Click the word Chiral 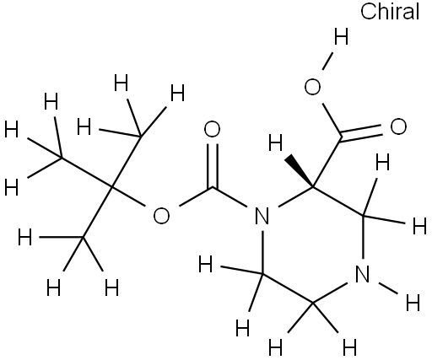390,11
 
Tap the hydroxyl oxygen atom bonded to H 312,87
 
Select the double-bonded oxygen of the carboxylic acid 398,126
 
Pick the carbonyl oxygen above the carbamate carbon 212,129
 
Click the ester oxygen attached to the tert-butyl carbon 161,216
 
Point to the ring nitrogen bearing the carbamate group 262,216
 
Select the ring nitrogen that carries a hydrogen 363,274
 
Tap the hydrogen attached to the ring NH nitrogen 413,303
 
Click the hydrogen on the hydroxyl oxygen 341,36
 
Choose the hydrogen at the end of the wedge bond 275,142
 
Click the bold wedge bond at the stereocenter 300,172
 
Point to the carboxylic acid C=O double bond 361,133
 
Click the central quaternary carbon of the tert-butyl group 111,186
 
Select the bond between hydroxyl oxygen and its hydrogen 328,61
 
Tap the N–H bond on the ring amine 388,288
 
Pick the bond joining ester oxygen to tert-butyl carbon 128,196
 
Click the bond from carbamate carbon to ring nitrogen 229,197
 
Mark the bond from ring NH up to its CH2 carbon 363,237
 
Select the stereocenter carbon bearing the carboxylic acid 312,186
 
